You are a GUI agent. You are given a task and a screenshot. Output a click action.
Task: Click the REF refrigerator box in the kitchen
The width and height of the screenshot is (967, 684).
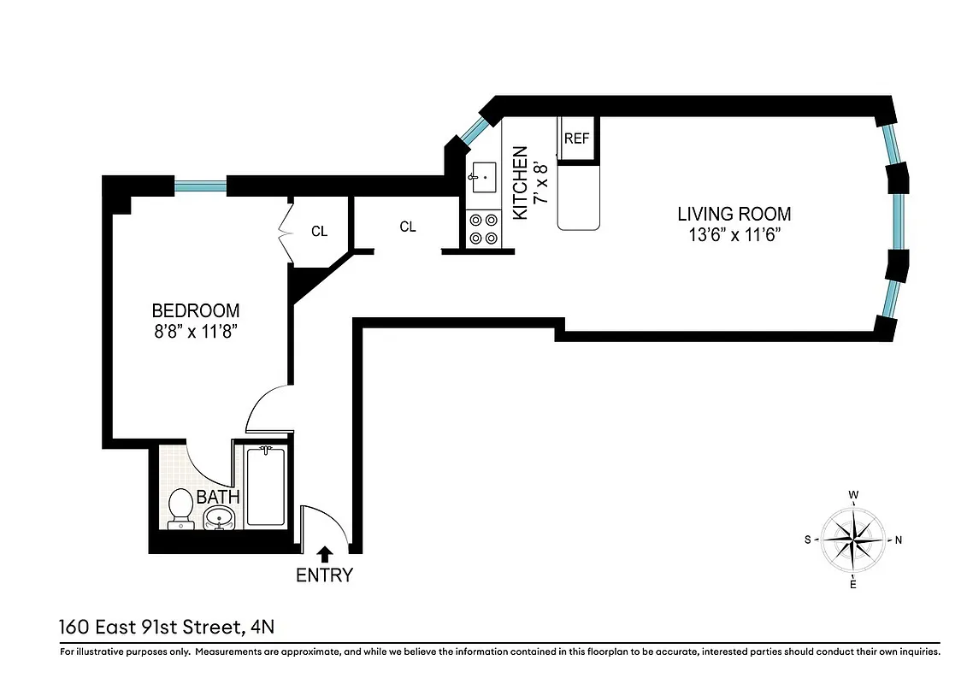tap(577, 139)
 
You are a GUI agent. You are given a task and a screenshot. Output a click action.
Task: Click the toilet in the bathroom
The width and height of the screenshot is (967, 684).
tap(180, 505)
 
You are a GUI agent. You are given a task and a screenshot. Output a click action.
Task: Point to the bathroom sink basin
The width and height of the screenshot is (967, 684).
tap(220, 517)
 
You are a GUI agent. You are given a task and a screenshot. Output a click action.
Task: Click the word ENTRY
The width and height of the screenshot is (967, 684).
tap(324, 575)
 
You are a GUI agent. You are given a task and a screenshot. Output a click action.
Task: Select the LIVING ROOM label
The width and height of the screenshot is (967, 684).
tap(734, 214)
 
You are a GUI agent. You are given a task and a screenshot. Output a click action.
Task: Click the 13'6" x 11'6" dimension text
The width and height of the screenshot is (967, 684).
tap(734, 234)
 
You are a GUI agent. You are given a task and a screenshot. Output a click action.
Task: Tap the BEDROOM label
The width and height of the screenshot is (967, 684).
tap(195, 310)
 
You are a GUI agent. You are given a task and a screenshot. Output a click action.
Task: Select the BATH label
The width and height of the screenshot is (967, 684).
tap(218, 496)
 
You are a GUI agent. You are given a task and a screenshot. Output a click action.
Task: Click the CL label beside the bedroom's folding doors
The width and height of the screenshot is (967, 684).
tap(319, 231)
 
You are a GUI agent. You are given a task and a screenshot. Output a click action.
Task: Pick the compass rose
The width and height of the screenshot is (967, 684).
tap(853, 540)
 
